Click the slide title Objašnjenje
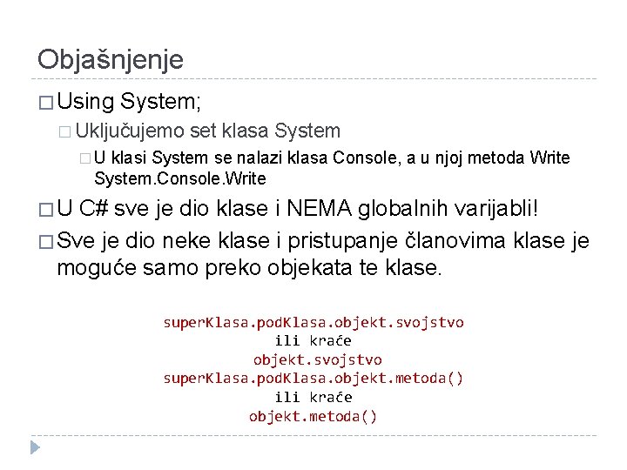111,59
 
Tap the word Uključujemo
130,131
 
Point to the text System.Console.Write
180,178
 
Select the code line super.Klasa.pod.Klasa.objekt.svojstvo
313,322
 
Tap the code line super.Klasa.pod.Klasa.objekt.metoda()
313,378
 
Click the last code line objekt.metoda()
313,415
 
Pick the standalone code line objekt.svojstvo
317,359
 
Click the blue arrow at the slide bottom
35,447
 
